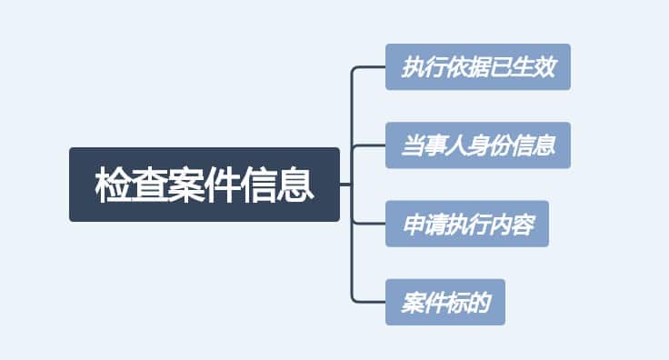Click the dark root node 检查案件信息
pyautogui.click(x=205, y=185)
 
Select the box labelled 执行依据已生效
pyautogui.click(x=478, y=67)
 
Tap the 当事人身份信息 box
pyautogui.click(x=478, y=145)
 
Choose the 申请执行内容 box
pyautogui.click(x=467, y=224)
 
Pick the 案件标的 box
pyautogui.click(x=445, y=302)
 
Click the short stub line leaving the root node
pyautogui.click(x=345, y=185)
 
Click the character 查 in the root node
pyautogui.click(x=149, y=185)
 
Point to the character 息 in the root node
pyautogui.click(x=296, y=185)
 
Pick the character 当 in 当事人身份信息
pyautogui.click(x=413, y=146)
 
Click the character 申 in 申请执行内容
pyautogui.click(x=413, y=225)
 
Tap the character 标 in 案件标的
pyautogui.click(x=456, y=303)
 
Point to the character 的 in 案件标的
pyautogui.click(x=479, y=303)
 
